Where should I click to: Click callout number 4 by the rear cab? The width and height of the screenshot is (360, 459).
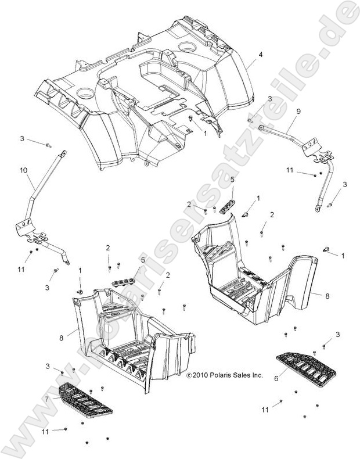[261, 55]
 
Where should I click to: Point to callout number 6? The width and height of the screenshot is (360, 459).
[276, 377]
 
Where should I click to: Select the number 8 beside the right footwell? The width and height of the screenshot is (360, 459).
[327, 295]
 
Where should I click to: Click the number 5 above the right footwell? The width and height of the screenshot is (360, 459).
[232, 180]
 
